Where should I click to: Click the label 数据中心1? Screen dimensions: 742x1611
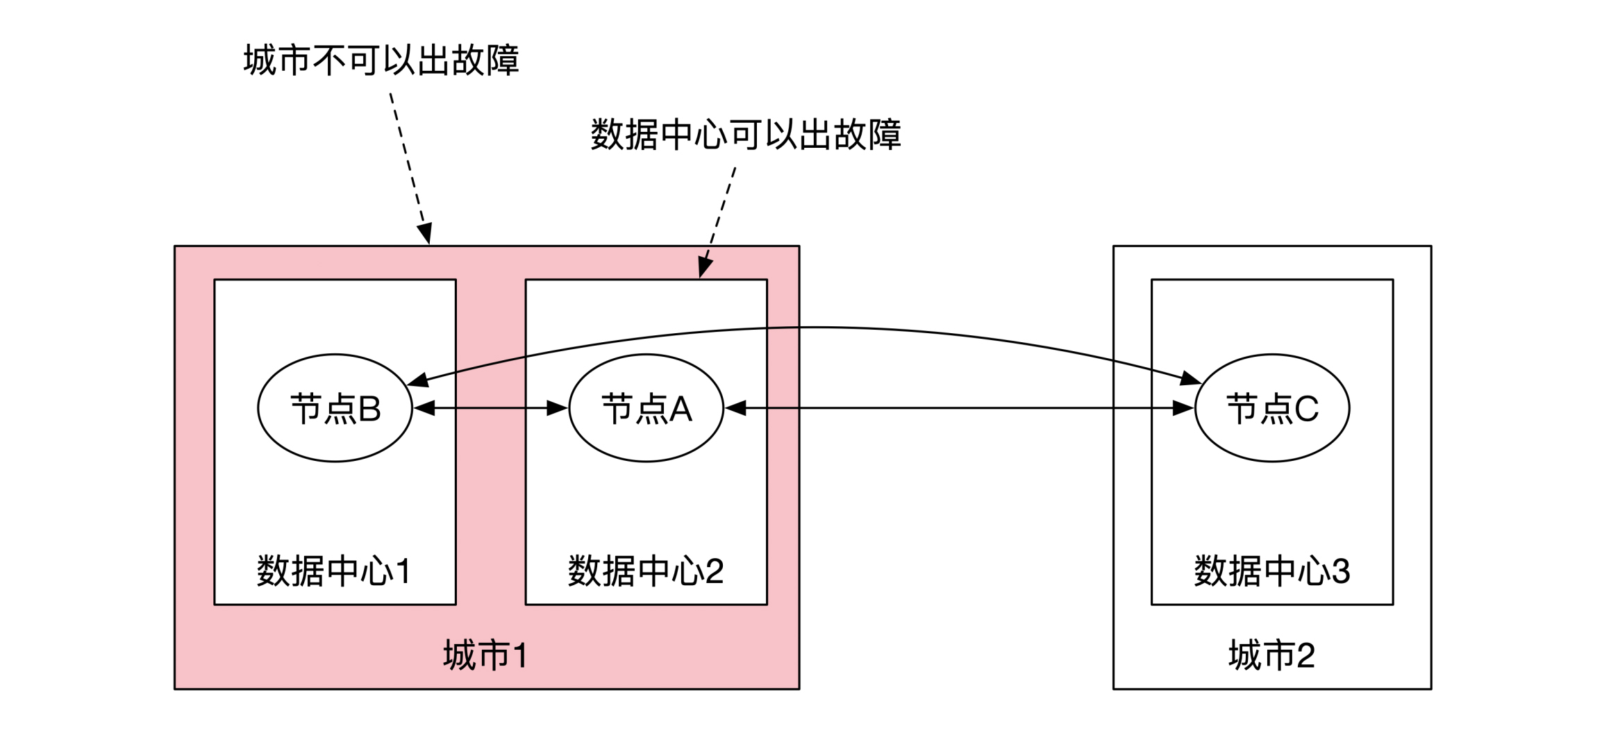(334, 571)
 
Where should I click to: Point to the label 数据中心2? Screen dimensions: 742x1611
(646, 571)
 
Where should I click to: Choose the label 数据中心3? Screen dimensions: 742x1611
(1271, 571)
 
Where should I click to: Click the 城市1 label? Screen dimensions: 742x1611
(485, 655)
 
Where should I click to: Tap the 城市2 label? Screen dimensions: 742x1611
(1271, 655)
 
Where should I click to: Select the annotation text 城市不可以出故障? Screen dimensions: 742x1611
(381, 60)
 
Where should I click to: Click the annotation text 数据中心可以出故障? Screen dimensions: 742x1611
(746, 135)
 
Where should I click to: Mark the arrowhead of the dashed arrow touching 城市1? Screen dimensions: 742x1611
(426, 233)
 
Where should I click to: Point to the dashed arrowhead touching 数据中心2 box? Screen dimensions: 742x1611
(704, 267)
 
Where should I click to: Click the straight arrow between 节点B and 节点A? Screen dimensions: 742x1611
(490, 408)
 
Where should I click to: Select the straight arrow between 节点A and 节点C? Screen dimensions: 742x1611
(958, 408)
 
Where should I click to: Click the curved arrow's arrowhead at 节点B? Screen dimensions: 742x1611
(417, 380)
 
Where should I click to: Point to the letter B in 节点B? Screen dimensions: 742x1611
(369, 409)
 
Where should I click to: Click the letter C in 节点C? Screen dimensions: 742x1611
(1306, 409)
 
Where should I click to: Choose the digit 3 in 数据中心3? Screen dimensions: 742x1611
(1341, 571)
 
